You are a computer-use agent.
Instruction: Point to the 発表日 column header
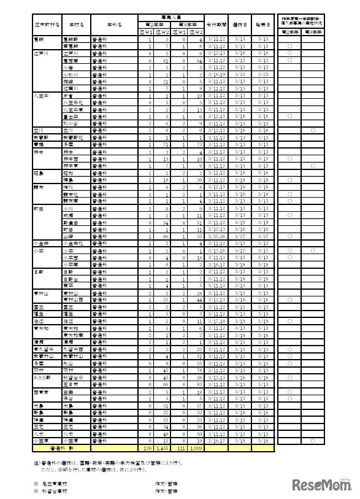[264, 25]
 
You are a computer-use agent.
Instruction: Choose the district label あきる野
[44, 376]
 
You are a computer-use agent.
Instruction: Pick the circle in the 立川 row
[313, 131]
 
